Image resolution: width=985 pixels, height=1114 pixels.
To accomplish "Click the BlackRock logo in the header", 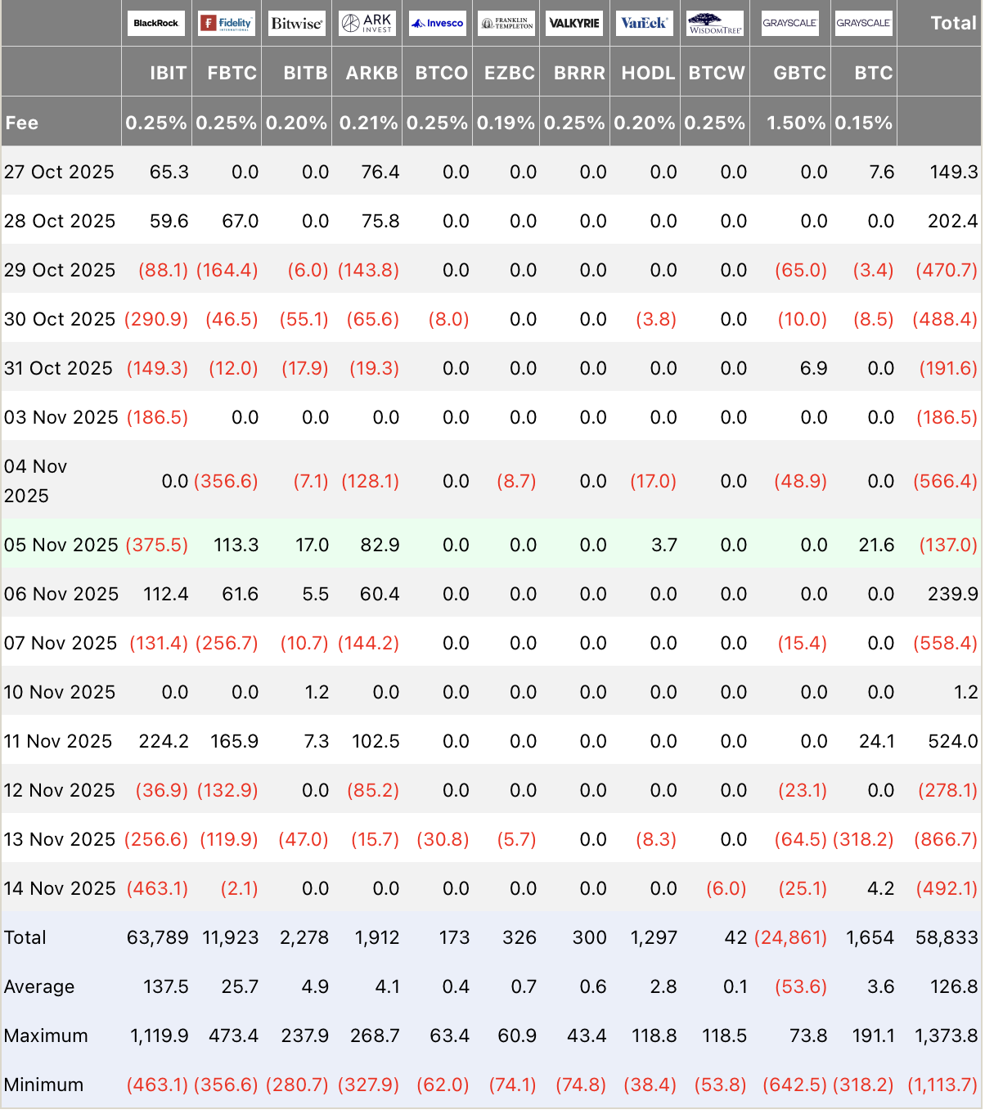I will pyautogui.click(x=155, y=23).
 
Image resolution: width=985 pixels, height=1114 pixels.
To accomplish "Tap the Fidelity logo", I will pyautogui.click(x=227, y=23).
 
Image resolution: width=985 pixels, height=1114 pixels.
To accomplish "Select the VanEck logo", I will pyautogui.click(x=644, y=23).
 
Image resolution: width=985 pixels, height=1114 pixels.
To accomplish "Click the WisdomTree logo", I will pyautogui.click(x=715, y=23).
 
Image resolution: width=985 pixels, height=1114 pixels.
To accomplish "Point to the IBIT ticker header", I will pyautogui.click(x=168, y=73).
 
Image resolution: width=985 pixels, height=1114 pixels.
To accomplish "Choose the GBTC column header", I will pyautogui.click(x=799, y=73).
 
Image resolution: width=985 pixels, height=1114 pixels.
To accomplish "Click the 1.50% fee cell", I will pyautogui.click(x=795, y=123).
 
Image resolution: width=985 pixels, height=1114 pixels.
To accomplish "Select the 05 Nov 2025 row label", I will pyautogui.click(x=61, y=545).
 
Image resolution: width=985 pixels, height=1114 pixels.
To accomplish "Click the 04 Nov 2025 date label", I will pyautogui.click(x=36, y=481).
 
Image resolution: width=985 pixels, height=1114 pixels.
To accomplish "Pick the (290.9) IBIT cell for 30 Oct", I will pyautogui.click(x=156, y=319).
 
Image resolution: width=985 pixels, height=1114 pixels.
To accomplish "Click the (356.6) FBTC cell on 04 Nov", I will pyautogui.click(x=226, y=481).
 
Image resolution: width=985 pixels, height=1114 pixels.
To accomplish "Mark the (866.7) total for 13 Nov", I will pyautogui.click(x=945, y=839).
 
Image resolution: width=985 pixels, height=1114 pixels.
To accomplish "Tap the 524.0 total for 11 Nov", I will pyautogui.click(x=952, y=741).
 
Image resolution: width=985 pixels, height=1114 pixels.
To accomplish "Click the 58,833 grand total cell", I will pyautogui.click(x=947, y=937).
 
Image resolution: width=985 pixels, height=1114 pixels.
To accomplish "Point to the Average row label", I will pyautogui.click(x=39, y=986).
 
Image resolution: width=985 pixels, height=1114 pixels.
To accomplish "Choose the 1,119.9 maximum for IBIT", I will pyautogui.click(x=160, y=1035).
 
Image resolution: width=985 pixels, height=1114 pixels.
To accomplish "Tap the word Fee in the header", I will pyautogui.click(x=22, y=123).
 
